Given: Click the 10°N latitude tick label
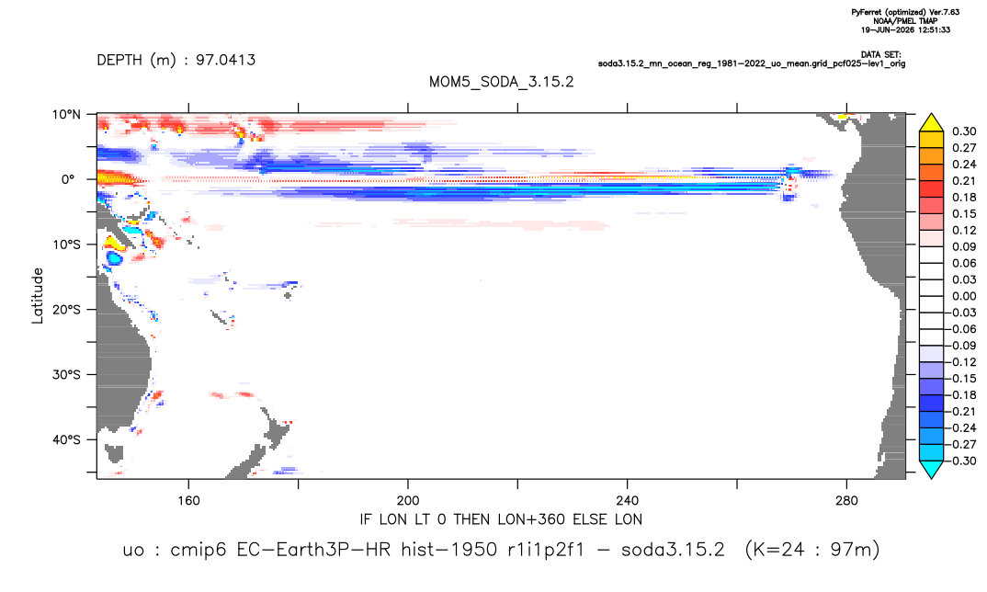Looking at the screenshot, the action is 66,115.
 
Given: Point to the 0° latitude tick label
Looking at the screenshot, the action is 68,179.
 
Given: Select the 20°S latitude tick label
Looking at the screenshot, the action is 66,310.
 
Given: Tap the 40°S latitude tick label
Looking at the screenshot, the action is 66,439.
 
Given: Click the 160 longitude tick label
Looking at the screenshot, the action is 188,501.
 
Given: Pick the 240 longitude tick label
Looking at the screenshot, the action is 628,501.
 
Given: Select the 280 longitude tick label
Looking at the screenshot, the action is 846,501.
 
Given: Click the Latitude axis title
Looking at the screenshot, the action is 38,296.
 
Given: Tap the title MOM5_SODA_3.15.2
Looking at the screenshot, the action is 502,83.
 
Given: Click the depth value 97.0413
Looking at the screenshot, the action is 225,61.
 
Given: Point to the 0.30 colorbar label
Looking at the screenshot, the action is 964,131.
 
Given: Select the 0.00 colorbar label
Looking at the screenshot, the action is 964,296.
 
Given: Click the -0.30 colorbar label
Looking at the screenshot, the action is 962,461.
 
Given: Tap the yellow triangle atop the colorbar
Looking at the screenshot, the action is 931,123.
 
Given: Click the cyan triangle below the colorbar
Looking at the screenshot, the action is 931,469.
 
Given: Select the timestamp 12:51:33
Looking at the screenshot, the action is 934,29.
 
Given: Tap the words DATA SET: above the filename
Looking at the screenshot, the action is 880,55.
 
